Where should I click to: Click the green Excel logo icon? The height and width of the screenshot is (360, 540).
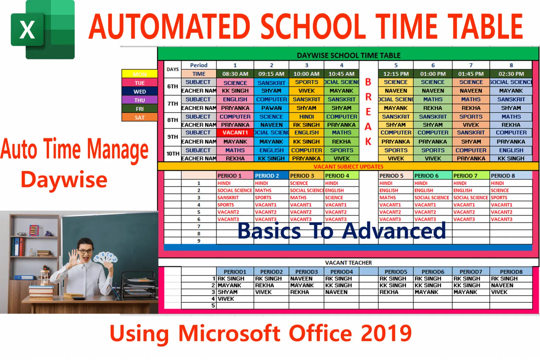coord(43,30)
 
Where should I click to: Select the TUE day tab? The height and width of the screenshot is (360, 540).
coord(139,83)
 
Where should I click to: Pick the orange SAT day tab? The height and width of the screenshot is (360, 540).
coord(139,117)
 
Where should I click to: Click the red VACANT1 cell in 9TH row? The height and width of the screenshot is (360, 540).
coord(235,133)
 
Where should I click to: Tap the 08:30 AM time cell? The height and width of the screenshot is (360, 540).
coord(235,74)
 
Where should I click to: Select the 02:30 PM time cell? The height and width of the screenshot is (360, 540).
coord(511,74)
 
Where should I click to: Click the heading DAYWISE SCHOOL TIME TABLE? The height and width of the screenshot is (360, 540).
coord(348,55)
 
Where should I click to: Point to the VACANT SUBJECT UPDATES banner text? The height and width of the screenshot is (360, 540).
coord(348,167)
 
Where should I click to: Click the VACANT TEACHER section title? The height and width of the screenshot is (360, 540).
coord(348,262)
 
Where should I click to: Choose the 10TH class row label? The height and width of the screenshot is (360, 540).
coord(173,154)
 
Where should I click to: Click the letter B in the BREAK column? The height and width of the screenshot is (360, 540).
coord(368,82)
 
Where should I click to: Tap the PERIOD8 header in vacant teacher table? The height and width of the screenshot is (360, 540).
coord(511,272)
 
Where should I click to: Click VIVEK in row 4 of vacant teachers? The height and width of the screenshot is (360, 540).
coord(226,299)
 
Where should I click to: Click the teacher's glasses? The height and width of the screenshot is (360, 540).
coord(85,251)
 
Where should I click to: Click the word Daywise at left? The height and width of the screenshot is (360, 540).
coord(64,180)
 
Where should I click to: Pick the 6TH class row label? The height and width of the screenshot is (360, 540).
coord(172,86)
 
